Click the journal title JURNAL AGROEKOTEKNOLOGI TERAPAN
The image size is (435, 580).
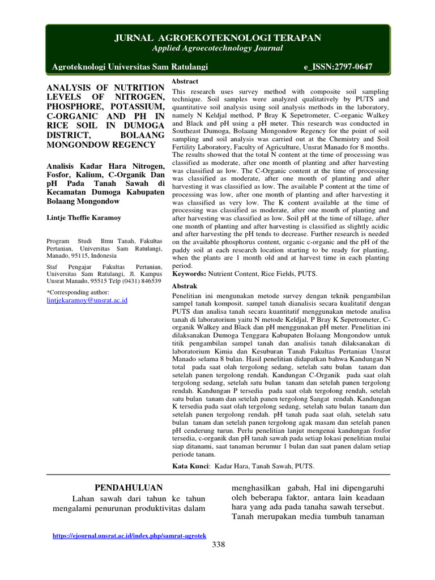click(218, 38)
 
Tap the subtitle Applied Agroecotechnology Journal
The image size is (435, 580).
click(218, 48)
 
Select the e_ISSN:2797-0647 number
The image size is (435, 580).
click(338, 67)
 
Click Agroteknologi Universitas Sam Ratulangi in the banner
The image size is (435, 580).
click(130, 67)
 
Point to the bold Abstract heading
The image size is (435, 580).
click(184, 82)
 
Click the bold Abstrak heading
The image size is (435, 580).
click(185, 287)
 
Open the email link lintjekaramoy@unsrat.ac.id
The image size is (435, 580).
click(87, 300)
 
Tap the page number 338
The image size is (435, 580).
click(218, 545)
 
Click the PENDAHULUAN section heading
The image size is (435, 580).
click(128, 488)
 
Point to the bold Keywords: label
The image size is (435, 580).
click(189, 274)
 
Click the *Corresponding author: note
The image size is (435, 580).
click(76, 292)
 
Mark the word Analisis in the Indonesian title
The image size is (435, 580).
click(61, 165)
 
